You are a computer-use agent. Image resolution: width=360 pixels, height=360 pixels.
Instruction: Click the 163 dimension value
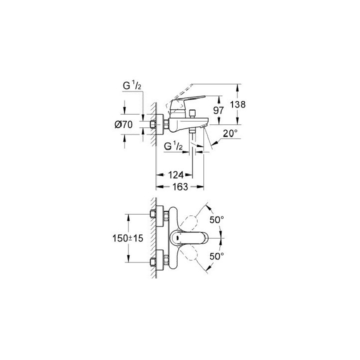pyautogui.click(x=180, y=186)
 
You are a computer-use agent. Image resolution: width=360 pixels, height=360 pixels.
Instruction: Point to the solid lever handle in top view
pyautogui.click(x=190, y=239)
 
